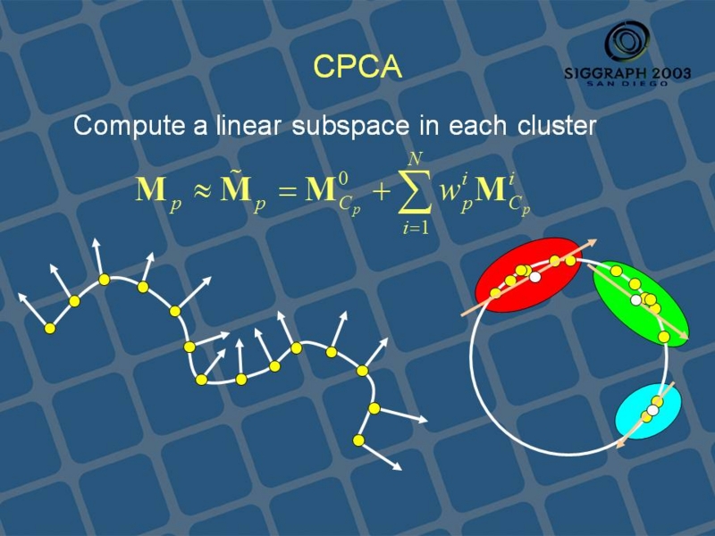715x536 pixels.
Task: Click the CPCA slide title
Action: pos(357,66)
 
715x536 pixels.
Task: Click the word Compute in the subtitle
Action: pos(130,125)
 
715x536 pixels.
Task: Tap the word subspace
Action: pos(351,125)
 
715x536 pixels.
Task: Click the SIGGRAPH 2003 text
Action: pos(627,73)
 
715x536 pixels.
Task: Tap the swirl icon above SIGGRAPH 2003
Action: pos(627,42)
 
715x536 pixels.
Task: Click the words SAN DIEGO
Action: pos(627,83)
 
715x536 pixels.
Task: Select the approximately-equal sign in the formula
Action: pos(202,191)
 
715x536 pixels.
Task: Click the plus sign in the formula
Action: pos(383,191)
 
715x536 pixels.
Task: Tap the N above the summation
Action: pos(415,159)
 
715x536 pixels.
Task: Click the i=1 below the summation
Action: pos(416,227)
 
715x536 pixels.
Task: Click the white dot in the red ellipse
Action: pos(535,277)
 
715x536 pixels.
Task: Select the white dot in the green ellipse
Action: pos(635,300)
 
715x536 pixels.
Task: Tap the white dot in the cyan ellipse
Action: pos(653,410)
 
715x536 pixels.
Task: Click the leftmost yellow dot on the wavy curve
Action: pos(50,328)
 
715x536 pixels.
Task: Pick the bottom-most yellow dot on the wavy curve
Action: pos(359,440)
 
